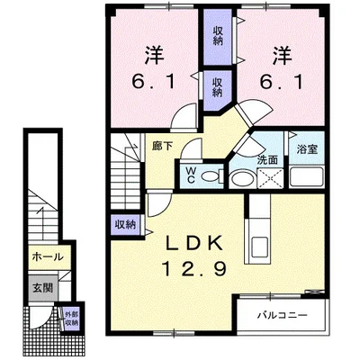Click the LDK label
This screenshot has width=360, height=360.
point(194,242)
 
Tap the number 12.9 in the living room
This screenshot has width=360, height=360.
point(194,268)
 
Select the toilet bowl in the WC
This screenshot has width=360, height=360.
point(211,176)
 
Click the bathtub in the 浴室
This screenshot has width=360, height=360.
point(306,177)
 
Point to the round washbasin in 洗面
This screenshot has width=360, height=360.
point(242,179)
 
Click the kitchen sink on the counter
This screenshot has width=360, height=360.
point(260,247)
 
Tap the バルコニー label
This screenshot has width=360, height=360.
point(283,315)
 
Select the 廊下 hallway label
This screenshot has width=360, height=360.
point(162,147)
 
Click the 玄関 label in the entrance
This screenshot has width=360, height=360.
point(42,288)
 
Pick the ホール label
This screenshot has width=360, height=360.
point(48,256)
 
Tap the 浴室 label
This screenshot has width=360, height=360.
point(307,149)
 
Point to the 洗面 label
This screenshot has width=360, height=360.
point(267,160)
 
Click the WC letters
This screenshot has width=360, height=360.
point(191,175)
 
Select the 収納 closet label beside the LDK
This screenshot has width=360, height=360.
point(126,225)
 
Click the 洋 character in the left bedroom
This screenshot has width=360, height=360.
point(154,56)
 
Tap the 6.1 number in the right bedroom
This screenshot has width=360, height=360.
point(282,81)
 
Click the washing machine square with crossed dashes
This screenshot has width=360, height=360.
point(270,178)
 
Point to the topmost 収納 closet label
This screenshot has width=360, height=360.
point(218,36)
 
